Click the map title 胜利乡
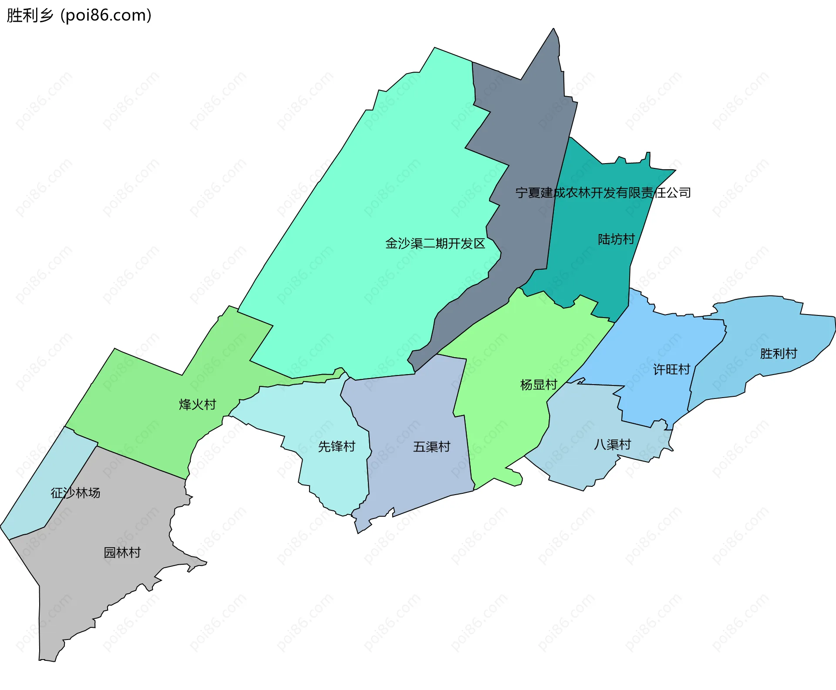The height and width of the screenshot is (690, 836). (30, 15)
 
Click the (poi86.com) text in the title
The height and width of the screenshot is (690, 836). (106, 15)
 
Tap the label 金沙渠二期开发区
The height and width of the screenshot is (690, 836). (435, 243)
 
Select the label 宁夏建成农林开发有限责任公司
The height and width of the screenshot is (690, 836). (603, 192)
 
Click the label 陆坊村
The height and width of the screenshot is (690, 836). (616, 239)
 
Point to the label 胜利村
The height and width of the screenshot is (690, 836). (778, 353)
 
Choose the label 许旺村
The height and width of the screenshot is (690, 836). (671, 369)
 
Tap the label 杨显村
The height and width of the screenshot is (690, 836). (539, 385)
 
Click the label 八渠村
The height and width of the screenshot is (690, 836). (612, 444)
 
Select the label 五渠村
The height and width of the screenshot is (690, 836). (431, 446)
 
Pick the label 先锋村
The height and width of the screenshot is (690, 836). (336, 446)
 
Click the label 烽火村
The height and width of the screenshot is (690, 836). (197, 404)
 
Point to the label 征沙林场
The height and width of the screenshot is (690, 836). (75, 492)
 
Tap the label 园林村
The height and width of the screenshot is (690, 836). (122, 552)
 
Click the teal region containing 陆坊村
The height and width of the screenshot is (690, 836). (597, 270)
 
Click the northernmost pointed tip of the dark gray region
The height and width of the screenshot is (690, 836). (553, 29)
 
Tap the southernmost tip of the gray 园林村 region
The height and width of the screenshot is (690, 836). (48, 660)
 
